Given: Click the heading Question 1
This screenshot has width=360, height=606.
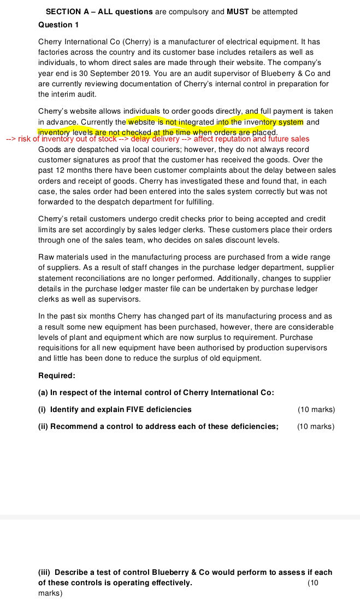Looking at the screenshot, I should (58, 25).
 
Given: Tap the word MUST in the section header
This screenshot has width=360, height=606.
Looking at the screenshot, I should (238, 11).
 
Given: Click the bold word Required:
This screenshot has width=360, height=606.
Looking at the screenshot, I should (57, 376).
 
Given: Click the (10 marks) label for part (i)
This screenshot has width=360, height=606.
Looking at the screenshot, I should (316, 409).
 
